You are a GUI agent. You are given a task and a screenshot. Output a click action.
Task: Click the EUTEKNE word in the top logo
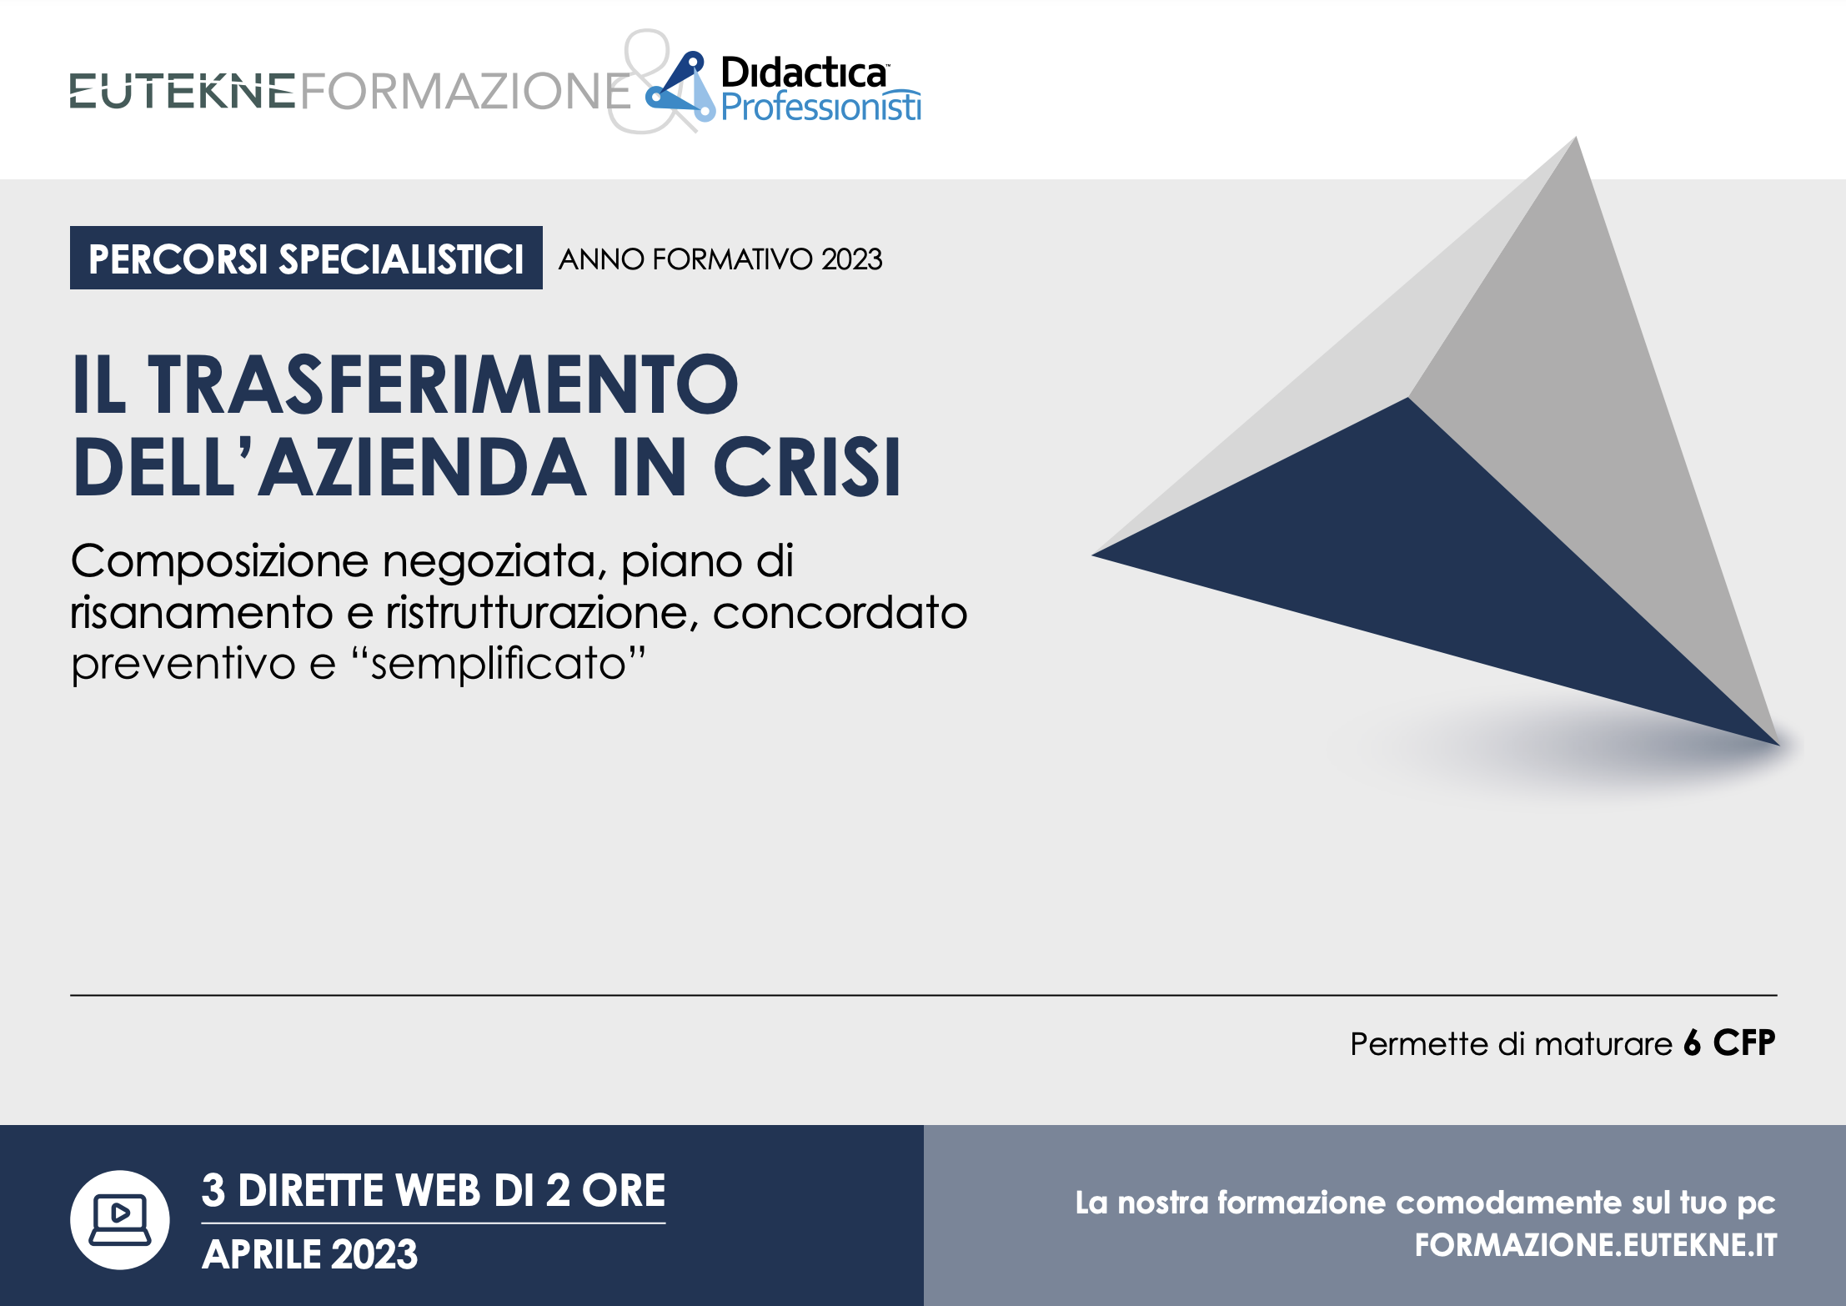pyautogui.click(x=183, y=91)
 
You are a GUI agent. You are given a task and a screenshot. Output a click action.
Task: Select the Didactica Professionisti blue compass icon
pyautogui.click(x=680, y=87)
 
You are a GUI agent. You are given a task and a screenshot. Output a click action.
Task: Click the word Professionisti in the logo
pyautogui.click(x=821, y=107)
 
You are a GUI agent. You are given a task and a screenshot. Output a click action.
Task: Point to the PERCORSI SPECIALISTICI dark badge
pyautogui.click(x=306, y=258)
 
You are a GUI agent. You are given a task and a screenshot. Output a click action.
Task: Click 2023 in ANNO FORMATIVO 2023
pyautogui.click(x=851, y=259)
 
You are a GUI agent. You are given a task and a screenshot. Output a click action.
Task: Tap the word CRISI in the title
pyautogui.click(x=807, y=466)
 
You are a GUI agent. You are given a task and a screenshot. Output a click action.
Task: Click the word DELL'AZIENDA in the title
pyautogui.click(x=329, y=466)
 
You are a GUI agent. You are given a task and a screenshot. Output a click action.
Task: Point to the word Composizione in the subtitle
pyautogui.click(x=219, y=560)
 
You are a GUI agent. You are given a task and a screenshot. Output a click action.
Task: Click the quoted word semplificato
pyautogui.click(x=499, y=664)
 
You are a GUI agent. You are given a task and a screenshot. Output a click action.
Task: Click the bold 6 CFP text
pyautogui.click(x=1729, y=1043)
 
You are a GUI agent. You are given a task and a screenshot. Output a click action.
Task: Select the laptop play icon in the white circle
pyautogui.click(x=120, y=1219)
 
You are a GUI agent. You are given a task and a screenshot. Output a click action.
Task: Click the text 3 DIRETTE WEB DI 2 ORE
pyautogui.click(x=434, y=1190)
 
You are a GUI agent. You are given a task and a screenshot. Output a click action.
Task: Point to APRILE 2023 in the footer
pyautogui.click(x=309, y=1254)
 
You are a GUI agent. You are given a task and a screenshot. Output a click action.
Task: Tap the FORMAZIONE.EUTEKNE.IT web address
pyautogui.click(x=1596, y=1245)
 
